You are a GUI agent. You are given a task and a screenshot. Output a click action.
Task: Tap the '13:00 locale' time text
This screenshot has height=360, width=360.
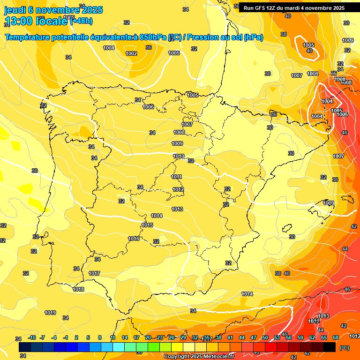click(37, 21)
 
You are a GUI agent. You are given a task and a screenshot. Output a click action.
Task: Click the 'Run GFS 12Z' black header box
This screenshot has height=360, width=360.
click(294, 8)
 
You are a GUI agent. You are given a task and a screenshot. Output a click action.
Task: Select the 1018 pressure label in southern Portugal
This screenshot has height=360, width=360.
click(78, 289)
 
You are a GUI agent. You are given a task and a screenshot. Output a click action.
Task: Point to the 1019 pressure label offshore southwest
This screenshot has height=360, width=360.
click(50, 313)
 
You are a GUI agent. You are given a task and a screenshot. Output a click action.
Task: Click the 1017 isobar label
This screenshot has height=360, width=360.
click(94, 273)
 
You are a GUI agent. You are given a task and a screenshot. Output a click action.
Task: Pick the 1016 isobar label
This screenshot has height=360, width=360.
click(134, 239)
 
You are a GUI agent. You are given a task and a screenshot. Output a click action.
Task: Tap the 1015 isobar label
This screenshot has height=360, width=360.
click(147, 225)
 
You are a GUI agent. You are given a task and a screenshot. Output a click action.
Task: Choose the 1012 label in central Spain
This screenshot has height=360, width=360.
click(178, 189)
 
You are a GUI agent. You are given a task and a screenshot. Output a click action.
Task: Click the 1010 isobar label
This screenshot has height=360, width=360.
click(178, 157)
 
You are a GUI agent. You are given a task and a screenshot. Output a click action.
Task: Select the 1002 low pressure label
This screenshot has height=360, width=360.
click(131, 53)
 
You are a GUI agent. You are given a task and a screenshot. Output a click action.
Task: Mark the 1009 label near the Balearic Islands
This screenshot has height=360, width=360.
click(329, 203)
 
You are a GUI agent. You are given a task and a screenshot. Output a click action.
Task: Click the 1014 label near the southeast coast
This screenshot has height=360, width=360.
click(247, 294)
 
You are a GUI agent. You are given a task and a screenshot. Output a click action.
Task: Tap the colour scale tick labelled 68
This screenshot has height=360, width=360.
click(336, 338)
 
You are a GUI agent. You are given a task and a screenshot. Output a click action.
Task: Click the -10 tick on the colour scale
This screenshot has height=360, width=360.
click(32, 338)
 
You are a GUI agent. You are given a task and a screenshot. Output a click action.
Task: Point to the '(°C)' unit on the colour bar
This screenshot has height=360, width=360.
click(344, 348)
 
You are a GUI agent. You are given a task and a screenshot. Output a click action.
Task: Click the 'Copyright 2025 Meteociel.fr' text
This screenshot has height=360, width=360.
click(199, 356)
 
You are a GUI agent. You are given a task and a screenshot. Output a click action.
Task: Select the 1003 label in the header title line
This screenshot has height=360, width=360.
click(174, 38)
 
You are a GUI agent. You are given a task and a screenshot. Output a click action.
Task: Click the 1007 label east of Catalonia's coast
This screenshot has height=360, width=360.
click(338, 156)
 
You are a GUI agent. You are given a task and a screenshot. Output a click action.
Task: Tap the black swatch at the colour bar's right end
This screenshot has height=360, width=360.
click(330, 347)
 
